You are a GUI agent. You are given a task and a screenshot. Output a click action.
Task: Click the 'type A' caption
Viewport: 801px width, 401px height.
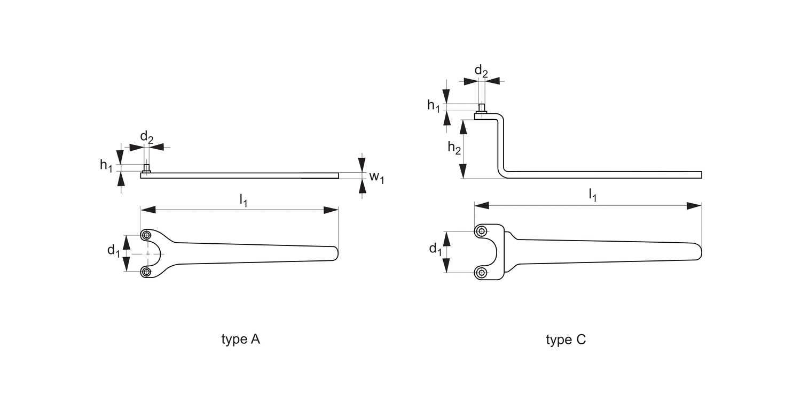coord(240,340)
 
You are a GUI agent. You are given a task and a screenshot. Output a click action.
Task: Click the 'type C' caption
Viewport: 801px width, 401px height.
coord(566,340)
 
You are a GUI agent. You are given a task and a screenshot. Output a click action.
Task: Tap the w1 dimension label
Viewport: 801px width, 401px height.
coord(377,177)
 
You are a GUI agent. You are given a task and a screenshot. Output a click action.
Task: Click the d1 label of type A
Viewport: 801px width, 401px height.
coord(114,250)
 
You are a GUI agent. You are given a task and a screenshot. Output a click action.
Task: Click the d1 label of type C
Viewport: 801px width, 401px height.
coord(436,249)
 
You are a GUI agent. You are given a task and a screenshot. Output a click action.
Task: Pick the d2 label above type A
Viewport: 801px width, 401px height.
coord(147,137)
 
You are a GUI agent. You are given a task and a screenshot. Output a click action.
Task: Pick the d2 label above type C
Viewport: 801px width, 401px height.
coord(481,71)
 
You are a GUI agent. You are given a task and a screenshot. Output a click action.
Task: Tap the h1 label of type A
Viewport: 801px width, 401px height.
coord(107,166)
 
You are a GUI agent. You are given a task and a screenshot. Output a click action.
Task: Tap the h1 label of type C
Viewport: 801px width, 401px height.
coord(434,106)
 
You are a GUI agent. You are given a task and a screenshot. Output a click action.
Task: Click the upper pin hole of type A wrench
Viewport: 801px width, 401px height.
coord(146,235)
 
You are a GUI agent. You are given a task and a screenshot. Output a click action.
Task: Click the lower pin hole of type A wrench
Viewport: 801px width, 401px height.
coord(146,272)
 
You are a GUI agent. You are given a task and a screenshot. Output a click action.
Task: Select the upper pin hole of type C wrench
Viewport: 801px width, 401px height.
coord(482,232)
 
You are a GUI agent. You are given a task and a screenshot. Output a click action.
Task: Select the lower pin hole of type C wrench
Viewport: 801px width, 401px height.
coord(482,273)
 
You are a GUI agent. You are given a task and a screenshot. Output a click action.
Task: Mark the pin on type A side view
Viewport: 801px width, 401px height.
coord(146,168)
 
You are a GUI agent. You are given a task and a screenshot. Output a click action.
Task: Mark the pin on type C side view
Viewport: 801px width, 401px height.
coord(481,108)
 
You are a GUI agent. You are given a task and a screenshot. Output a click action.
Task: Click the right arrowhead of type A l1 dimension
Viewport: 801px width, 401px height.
coord(332,210)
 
